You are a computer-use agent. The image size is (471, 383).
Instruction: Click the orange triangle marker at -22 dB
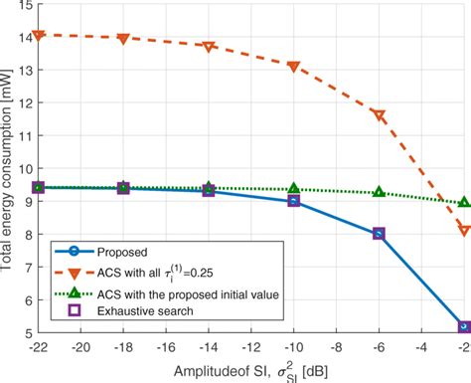(39, 36)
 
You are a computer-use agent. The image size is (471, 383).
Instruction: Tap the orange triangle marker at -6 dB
(379, 116)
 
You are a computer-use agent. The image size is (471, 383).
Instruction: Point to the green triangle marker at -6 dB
(379, 192)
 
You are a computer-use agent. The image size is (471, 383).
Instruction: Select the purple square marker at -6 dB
(379, 234)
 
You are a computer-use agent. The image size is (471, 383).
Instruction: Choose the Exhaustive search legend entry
(150, 309)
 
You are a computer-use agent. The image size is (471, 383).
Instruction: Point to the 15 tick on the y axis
(24, 7)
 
